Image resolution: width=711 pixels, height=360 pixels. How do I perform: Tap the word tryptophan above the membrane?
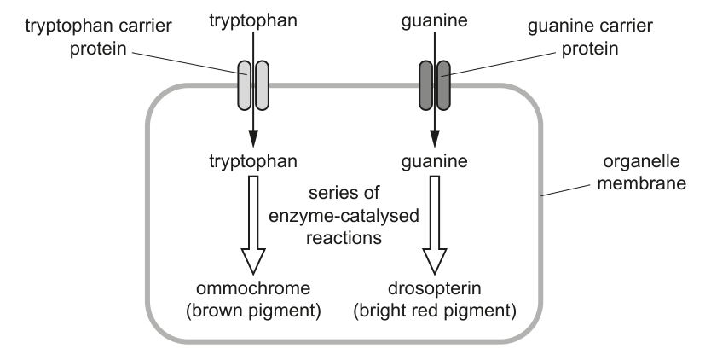(x=253, y=20)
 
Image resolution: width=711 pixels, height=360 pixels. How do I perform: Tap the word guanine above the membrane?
(x=435, y=20)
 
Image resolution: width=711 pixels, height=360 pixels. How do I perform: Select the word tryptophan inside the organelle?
(x=253, y=161)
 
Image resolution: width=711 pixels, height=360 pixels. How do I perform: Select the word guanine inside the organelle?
(x=435, y=161)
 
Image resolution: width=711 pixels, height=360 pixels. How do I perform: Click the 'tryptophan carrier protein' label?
(x=98, y=37)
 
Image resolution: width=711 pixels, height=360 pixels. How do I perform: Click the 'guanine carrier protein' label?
(x=590, y=37)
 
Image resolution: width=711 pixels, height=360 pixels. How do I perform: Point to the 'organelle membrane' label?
(x=641, y=172)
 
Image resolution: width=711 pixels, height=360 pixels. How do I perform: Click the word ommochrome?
(x=253, y=288)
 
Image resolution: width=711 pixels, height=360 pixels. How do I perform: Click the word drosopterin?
(x=435, y=288)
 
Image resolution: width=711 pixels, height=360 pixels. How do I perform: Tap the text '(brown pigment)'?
(x=253, y=311)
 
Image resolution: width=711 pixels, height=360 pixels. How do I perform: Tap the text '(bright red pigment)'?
(x=435, y=311)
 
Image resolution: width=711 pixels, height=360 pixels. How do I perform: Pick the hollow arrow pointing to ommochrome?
(x=253, y=225)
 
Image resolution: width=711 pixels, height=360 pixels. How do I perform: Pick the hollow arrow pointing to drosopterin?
(x=435, y=225)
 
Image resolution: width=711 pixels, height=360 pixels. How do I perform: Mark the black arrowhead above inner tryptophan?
(x=253, y=138)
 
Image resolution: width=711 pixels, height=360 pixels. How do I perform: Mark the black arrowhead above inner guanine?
(x=435, y=138)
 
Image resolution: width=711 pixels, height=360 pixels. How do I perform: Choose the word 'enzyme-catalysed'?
(x=344, y=216)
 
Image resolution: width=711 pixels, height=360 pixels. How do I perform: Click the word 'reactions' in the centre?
(x=344, y=238)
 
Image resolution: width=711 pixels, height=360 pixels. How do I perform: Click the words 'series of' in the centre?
(x=344, y=193)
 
